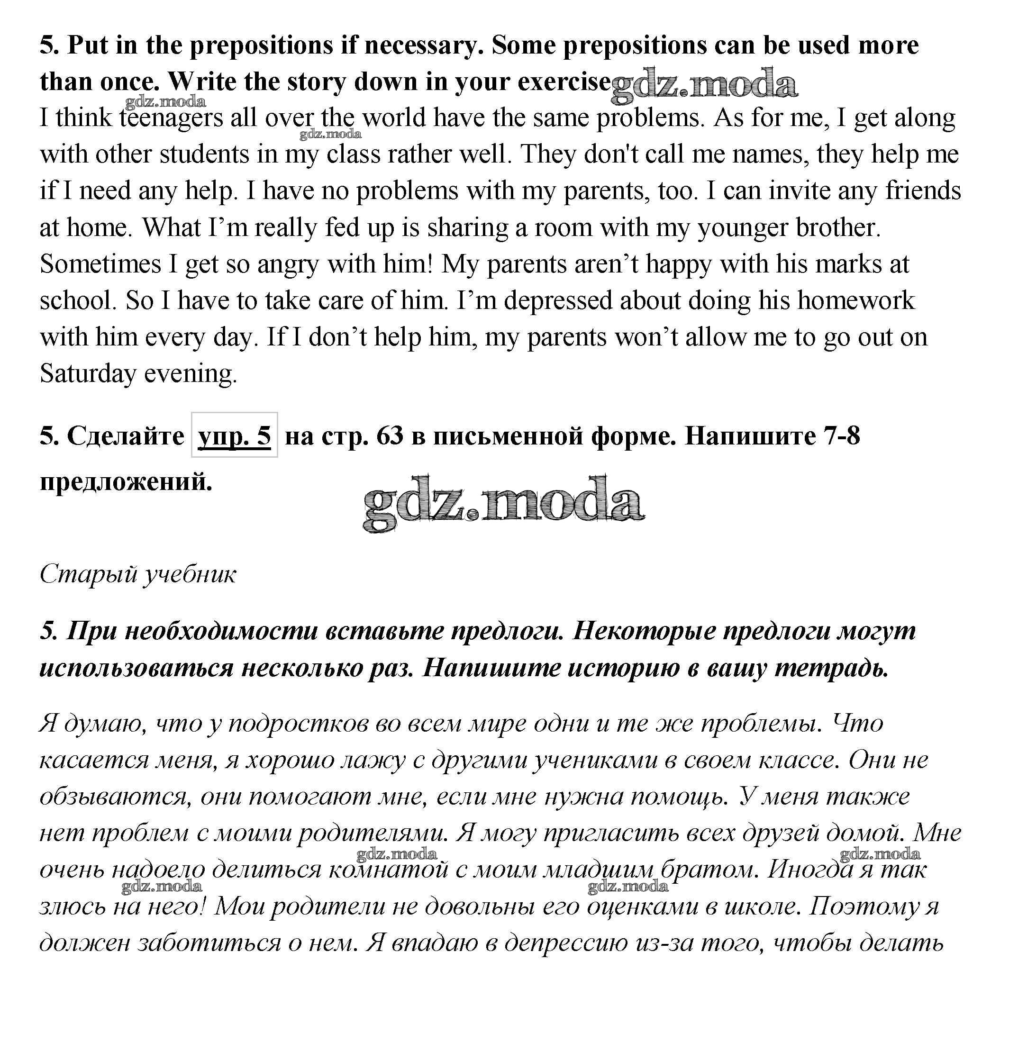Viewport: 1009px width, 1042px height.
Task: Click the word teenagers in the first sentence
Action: tap(171, 118)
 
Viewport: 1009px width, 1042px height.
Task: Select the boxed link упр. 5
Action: tap(235, 435)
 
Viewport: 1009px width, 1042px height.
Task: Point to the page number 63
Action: tap(390, 435)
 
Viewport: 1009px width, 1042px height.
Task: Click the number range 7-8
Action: tap(842, 435)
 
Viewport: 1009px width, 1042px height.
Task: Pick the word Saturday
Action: tap(88, 373)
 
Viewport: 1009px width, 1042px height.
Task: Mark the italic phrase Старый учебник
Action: tap(138, 574)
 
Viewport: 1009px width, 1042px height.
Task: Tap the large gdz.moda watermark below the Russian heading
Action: tap(503, 502)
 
